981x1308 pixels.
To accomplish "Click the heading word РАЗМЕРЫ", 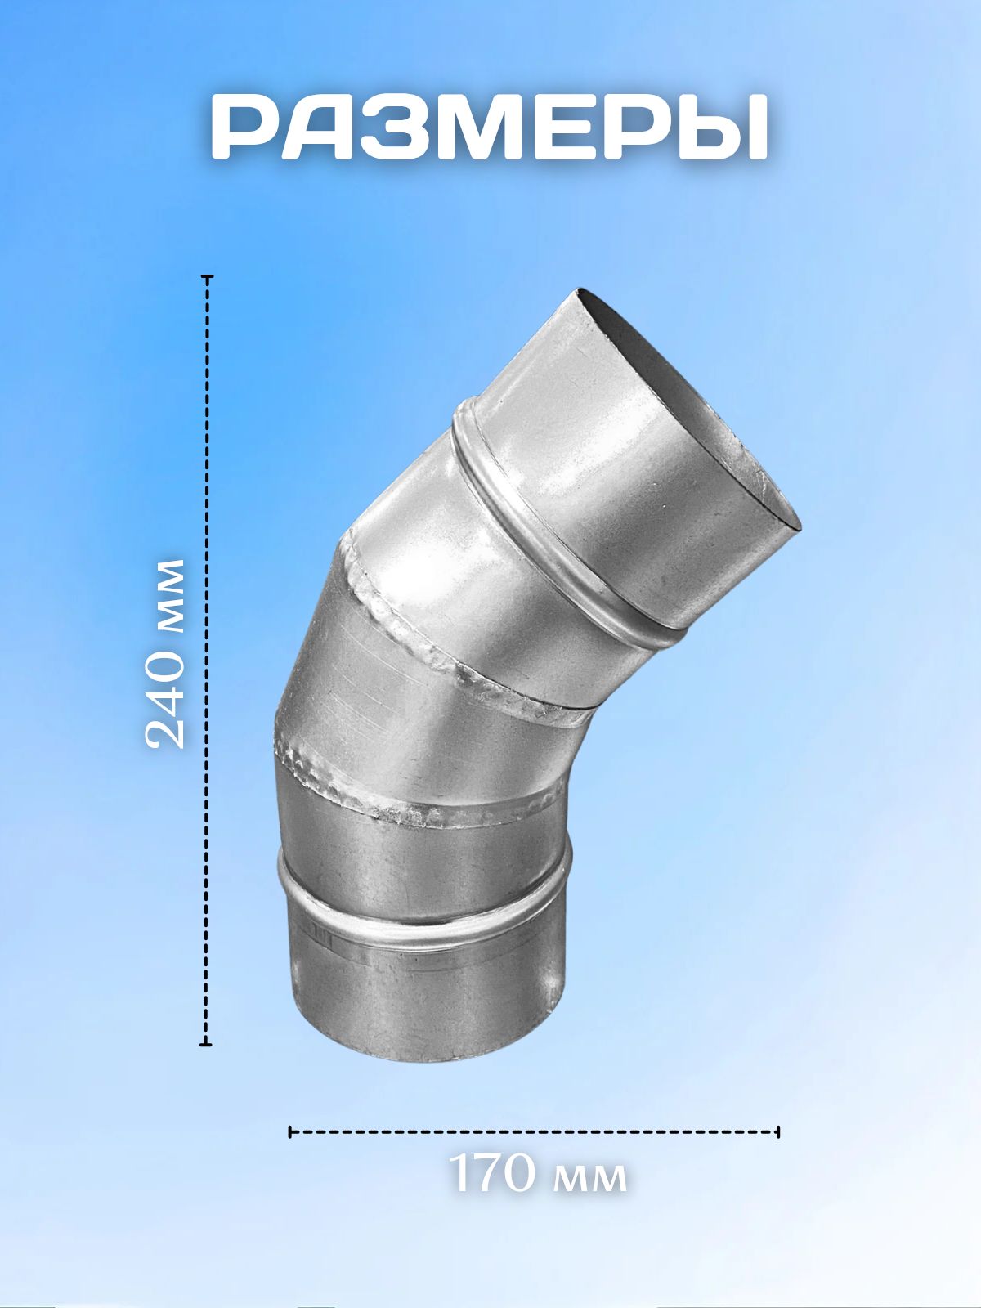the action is tap(490, 127).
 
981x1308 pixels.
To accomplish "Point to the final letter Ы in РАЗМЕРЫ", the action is tap(727, 127).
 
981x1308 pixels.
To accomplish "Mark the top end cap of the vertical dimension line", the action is tap(207, 276).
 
